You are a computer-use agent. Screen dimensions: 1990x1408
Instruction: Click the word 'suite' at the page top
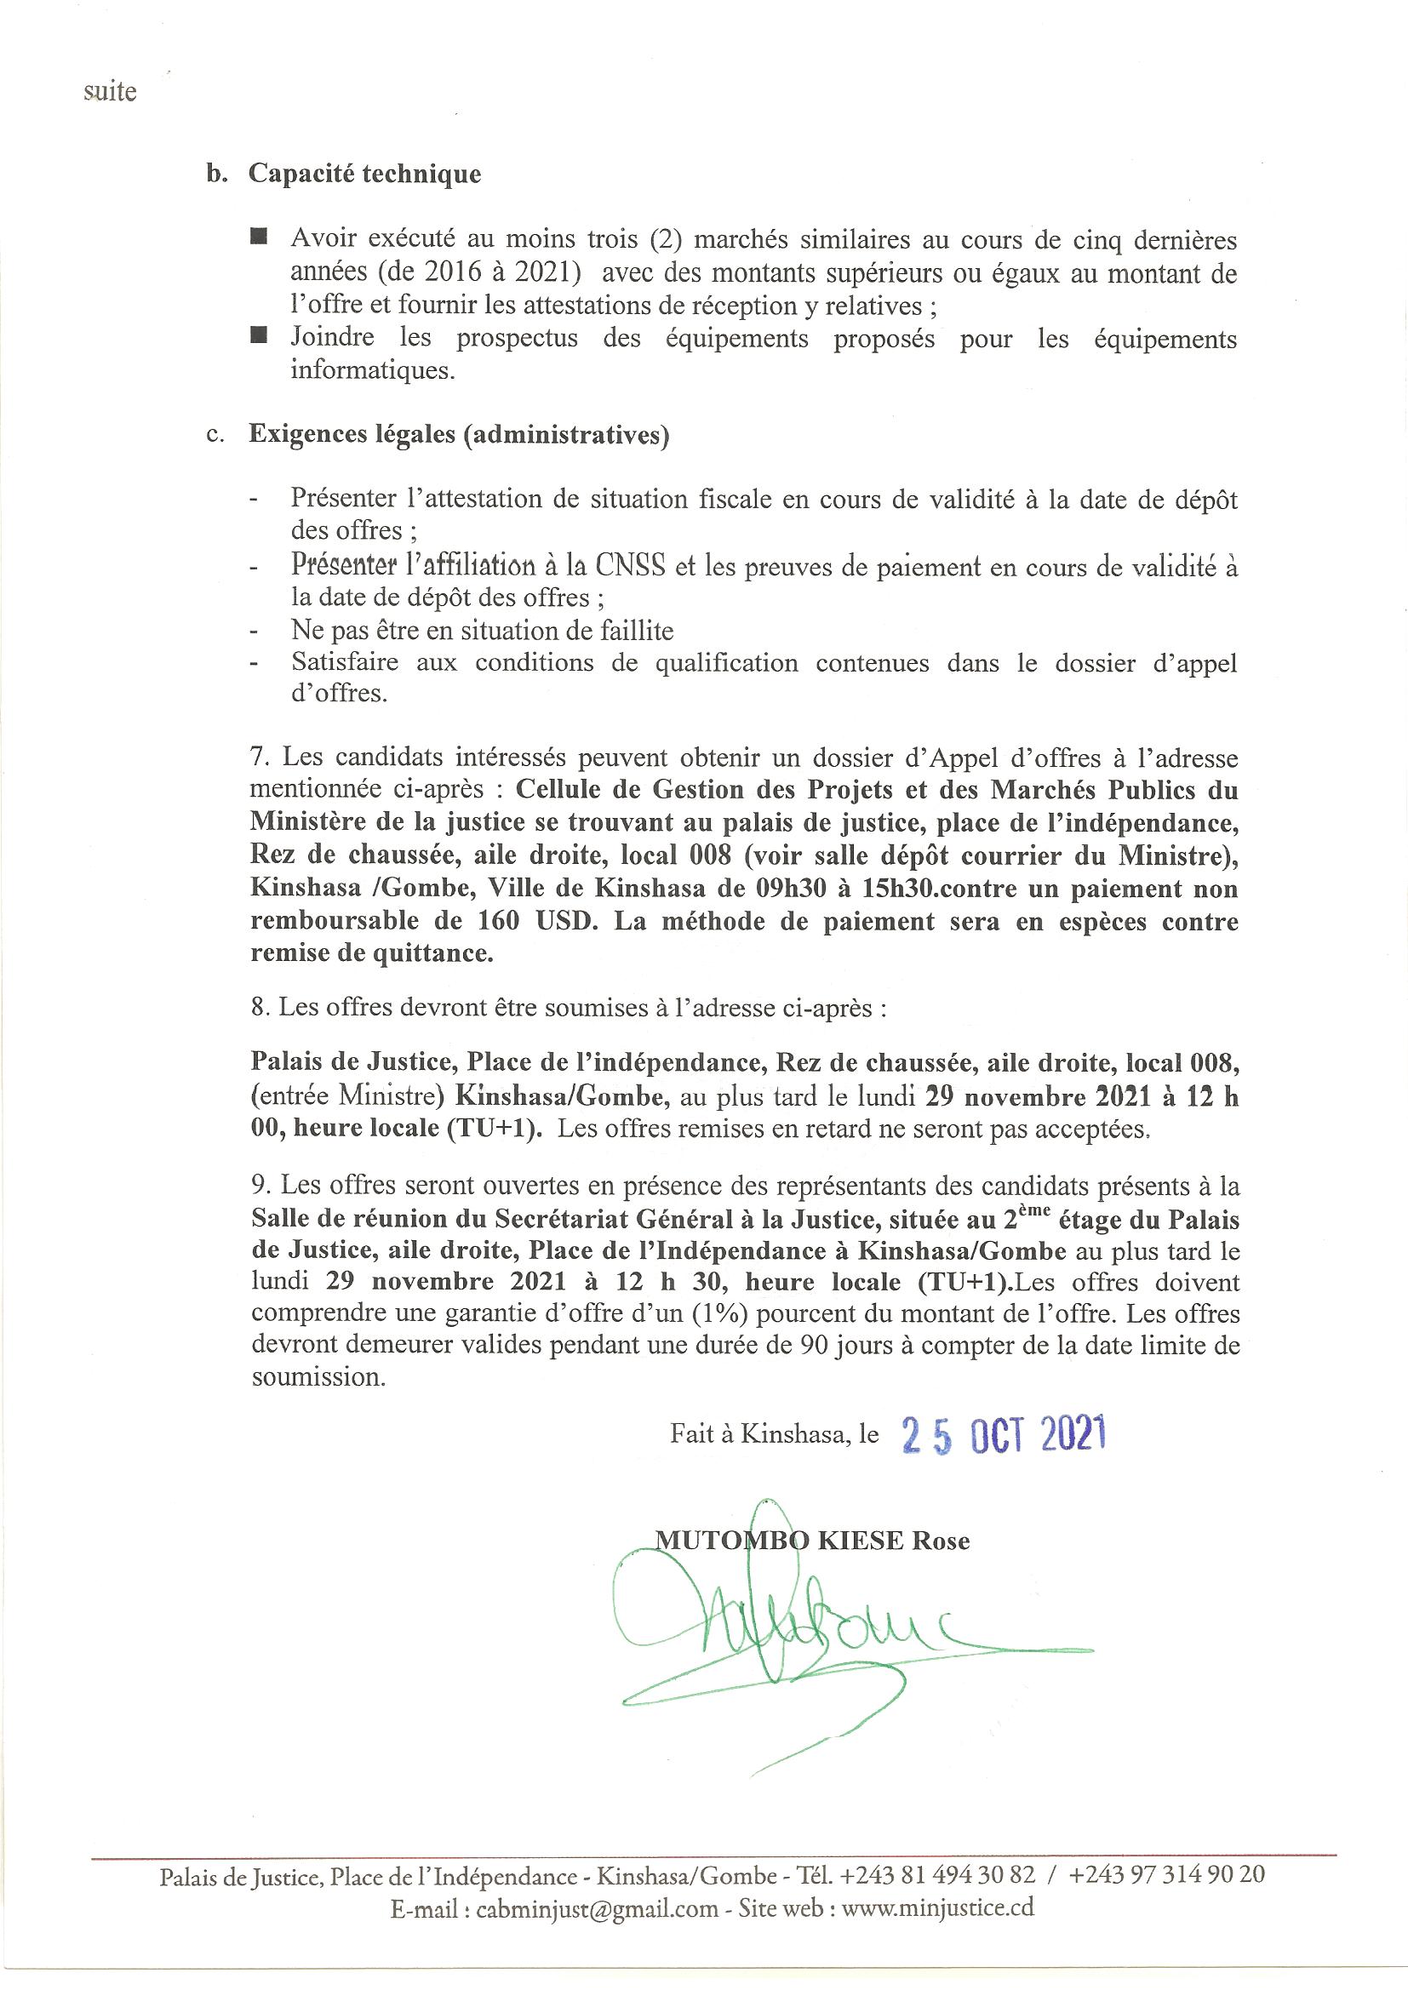tap(110, 92)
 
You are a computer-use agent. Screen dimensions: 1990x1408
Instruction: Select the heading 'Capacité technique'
tap(364, 174)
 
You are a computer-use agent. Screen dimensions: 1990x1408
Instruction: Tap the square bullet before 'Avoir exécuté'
tap(259, 237)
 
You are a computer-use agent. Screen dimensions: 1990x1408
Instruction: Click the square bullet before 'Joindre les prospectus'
tap(259, 335)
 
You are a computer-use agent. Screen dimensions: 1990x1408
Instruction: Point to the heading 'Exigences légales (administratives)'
tap(459, 434)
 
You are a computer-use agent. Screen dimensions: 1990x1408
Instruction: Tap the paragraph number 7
tap(256, 757)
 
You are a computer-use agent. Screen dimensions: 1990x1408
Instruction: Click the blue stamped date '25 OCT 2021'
tap(1003, 1436)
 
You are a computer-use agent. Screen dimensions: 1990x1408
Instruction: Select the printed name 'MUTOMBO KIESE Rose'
tap(812, 1541)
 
